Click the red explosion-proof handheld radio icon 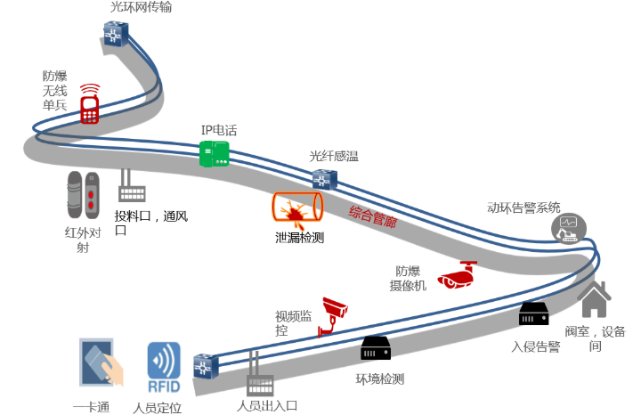[x=89, y=104]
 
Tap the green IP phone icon [x=215, y=154]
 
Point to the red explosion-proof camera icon [x=460, y=275]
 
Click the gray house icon [x=595, y=299]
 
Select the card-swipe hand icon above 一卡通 [x=99, y=365]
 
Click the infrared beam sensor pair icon [x=83, y=194]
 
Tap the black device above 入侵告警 [x=534, y=314]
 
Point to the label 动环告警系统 [x=523, y=207]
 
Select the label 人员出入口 [x=266, y=406]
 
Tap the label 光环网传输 [x=141, y=8]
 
